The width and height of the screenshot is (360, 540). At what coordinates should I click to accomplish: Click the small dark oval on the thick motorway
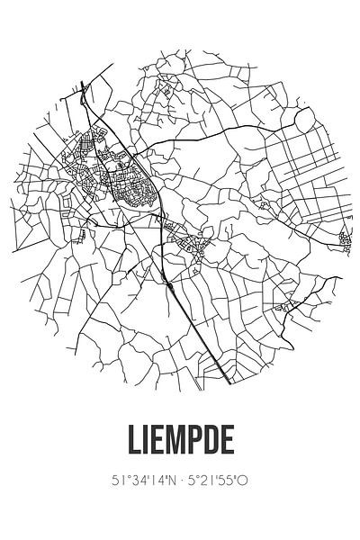pyautogui.click(x=169, y=286)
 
